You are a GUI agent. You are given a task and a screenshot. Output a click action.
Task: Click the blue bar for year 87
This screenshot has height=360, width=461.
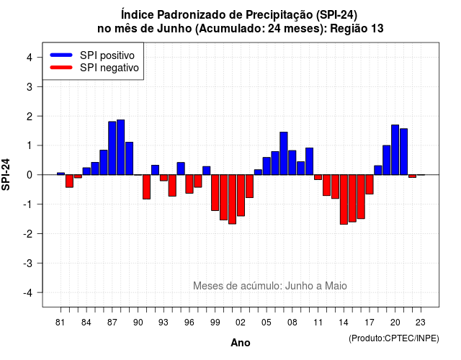[x=112, y=148]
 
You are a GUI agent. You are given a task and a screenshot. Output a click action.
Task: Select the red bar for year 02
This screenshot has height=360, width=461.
[x=241, y=195]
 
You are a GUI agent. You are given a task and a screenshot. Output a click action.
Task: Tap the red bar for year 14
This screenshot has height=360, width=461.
[x=344, y=199]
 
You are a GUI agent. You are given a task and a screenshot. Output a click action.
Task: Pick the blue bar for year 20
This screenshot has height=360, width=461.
[x=395, y=150]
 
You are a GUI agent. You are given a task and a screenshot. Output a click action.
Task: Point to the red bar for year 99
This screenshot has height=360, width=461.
[x=215, y=193]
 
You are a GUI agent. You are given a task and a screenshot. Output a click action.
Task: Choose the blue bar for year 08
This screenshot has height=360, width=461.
[x=292, y=163]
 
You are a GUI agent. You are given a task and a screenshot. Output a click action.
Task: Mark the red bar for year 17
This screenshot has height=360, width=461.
[x=370, y=184]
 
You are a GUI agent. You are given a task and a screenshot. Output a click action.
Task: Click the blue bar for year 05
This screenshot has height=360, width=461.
[x=267, y=166]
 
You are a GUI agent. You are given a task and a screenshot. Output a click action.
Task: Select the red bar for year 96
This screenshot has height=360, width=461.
[x=189, y=184]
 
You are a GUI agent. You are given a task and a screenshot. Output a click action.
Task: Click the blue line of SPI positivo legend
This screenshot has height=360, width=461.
[x=61, y=55]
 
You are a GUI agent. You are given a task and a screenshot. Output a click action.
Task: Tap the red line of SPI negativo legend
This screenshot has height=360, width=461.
[x=61, y=67]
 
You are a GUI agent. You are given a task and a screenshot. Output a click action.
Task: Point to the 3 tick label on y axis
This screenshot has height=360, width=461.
[x=30, y=86]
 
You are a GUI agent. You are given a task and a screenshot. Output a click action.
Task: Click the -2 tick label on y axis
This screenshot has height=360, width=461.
[x=27, y=233]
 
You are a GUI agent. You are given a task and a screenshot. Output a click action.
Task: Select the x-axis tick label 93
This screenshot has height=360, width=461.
[x=164, y=323]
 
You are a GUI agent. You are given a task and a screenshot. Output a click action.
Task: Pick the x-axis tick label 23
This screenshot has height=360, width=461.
[x=421, y=323]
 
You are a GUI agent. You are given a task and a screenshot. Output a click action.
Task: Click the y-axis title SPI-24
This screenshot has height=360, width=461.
[x=6, y=174]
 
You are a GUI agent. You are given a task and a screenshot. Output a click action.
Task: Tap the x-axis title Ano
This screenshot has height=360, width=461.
[x=241, y=343]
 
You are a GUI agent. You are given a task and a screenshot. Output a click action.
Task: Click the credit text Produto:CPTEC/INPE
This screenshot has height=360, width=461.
[x=394, y=338]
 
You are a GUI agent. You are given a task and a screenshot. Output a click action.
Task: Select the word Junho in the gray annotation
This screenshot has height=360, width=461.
[x=300, y=286]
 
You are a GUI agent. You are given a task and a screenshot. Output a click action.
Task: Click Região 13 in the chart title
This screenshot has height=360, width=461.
[x=357, y=29]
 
